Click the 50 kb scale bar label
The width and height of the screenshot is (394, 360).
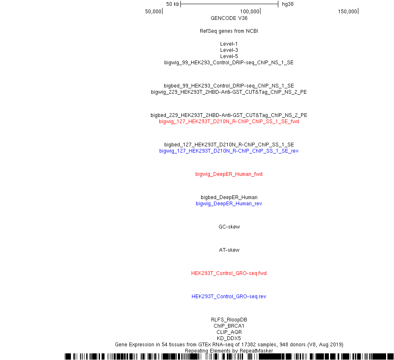click(173, 4)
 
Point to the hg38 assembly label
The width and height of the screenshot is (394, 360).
click(288, 4)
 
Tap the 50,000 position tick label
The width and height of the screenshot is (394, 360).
click(153, 12)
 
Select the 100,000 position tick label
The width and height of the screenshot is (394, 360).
click(250, 12)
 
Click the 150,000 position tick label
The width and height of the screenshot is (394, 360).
click(348, 12)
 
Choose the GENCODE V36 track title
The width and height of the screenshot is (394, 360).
click(229, 18)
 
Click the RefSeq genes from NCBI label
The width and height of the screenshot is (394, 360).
click(229, 31)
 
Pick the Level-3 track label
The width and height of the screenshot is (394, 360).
click(229, 50)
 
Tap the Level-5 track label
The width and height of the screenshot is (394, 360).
click(229, 56)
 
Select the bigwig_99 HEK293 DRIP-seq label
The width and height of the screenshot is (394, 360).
click(229, 63)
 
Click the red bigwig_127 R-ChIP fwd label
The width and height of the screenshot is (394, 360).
click(229, 122)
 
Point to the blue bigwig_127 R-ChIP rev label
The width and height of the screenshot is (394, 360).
click(229, 151)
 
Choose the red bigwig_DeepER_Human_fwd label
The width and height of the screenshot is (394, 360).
click(229, 174)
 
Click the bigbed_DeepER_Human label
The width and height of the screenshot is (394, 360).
click(229, 197)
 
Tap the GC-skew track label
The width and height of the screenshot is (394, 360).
click(229, 227)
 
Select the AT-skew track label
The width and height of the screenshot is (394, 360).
click(229, 250)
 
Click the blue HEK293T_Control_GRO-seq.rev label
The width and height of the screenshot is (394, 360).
click(229, 297)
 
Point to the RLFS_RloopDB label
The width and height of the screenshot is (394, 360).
click(229, 320)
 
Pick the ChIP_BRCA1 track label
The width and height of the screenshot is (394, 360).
click(229, 326)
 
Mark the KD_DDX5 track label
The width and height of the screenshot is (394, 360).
click(229, 338)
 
